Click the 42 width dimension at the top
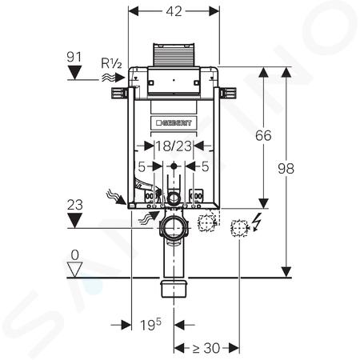174,11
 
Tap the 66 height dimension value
263,135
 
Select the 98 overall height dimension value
286,169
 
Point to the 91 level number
74,57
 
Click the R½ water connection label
111,63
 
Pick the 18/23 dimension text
174,146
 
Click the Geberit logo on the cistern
174,122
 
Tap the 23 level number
74,205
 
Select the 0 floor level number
75,255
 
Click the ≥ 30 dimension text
206,348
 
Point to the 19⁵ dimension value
150,325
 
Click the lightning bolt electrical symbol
258,222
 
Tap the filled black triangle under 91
74,73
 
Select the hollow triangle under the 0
74,270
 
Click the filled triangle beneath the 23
74,221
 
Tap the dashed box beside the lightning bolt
238,228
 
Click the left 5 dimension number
142,167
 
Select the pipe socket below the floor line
174,288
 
